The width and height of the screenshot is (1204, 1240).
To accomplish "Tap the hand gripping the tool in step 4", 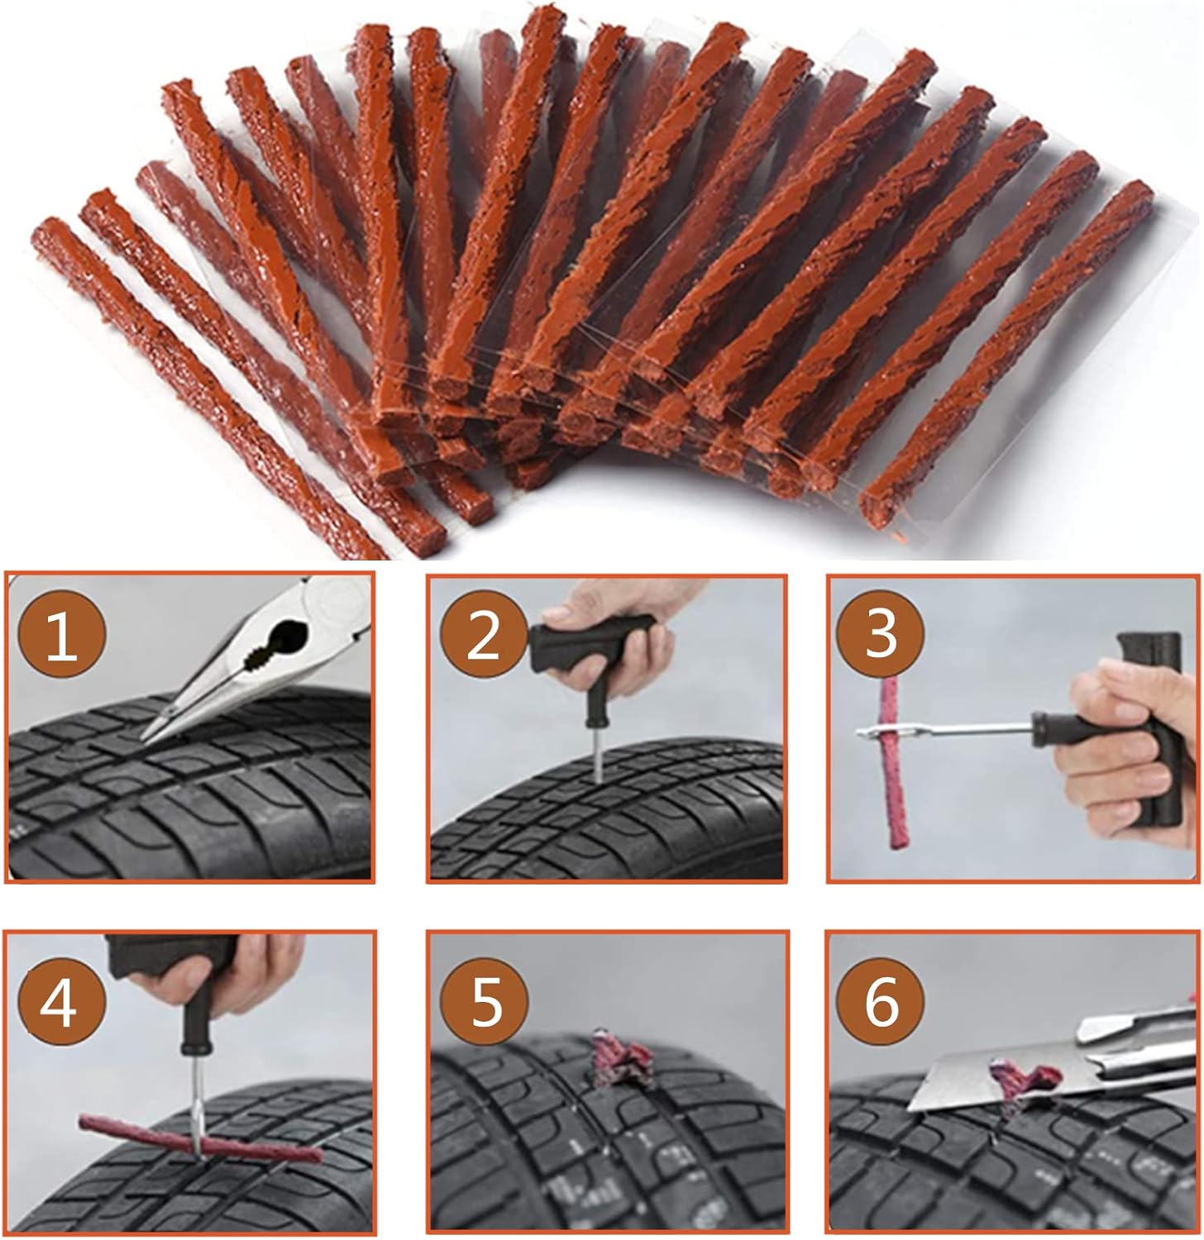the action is pyautogui.click(x=219, y=975).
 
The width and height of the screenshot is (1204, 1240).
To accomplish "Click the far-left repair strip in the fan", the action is pyautogui.click(x=211, y=389).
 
